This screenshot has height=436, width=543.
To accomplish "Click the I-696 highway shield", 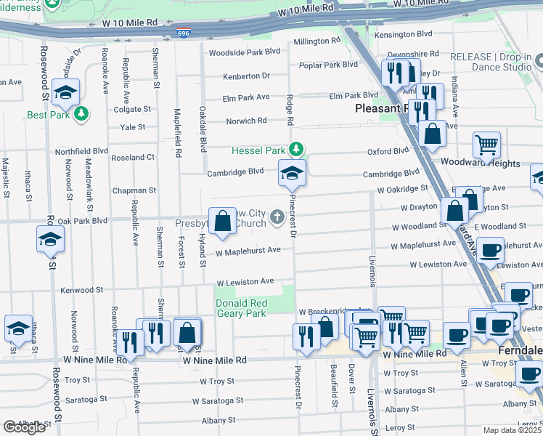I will pos(184,33).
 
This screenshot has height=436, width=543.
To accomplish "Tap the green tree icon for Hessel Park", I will pos(296,150).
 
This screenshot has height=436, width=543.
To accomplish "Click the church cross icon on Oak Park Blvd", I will pos(277,217).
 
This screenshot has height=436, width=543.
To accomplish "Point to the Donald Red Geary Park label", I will pos(240,308).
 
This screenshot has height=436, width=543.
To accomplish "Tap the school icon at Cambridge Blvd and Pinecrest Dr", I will pos(292,173).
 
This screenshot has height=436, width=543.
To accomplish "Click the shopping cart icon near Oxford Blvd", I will pos(486,144).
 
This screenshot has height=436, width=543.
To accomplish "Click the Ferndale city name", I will pos(520,350).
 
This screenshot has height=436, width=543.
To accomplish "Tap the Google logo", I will pos(24,427).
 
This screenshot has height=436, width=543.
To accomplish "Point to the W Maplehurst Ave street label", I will pos(248,251).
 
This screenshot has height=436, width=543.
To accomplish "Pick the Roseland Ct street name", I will pos(133,157).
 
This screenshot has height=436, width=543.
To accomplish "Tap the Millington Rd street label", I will pos(316,41).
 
